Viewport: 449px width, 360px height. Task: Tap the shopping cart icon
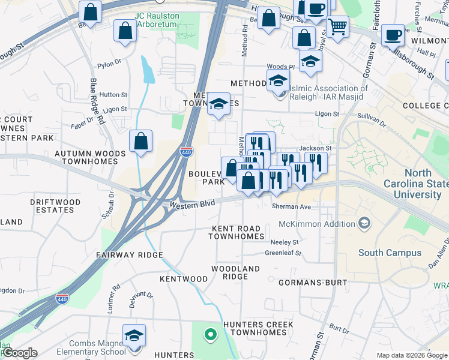pyautogui.click(x=338, y=26)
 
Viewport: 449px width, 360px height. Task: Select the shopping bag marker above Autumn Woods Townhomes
pyautogui.click(x=140, y=142)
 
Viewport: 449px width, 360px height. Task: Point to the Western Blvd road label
pyautogui.click(x=191, y=205)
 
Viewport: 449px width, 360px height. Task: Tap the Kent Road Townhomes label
pyautogui.click(x=237, y=233)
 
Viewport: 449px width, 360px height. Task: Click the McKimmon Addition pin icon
pyautogui.click(x=364, y=224)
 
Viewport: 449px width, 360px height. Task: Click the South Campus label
pyautogui.click(x=390, y=253)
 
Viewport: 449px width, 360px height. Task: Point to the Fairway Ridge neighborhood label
pyautogui.click(x=130, y=255)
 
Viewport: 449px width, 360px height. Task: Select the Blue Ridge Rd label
pyautogui.click(x=98, y=102)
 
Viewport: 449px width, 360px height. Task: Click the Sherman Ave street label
pyautogui.click(x=291, y=206)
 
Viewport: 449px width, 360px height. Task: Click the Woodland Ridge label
pyautogui.click(x=235, y=272)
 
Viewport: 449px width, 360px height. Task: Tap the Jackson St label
pyautogui.click(x=316, y=148)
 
